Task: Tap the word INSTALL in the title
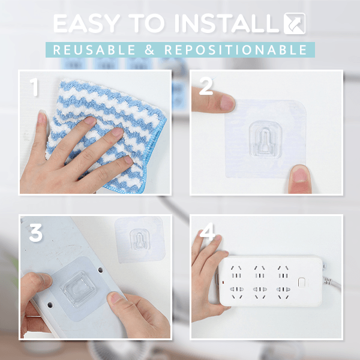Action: pyautogui.click(x=227, y=23)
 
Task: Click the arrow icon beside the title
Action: pyautogui.click(x=295, y=23)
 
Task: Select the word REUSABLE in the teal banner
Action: pyautogui.click(x=94, y=50)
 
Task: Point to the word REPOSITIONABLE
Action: pyautogui.click(x=236, y=50)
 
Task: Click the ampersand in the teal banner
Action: pyautogui.click(x=149, y=50)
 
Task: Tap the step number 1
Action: pyautogui.click(x=34, y=87)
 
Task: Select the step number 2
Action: pyautogui.click(x=206, y=86)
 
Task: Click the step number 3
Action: pyautogui.click(x=36, y=233)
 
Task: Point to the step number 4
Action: pyautogui.click(x=208, y=231)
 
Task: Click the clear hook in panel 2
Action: pyautogui.click(x=265, y=139)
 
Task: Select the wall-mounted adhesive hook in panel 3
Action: pyautogui.click(x=140, y=239)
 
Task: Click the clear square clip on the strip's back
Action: pyautogui.click(x=78, y=289)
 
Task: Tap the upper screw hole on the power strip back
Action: pyautogui.click(x=101, y=270)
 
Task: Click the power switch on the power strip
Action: pyautogui.click(x=301, y=282)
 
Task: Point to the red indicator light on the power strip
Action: pyautogui.click(x=223, y=282)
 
